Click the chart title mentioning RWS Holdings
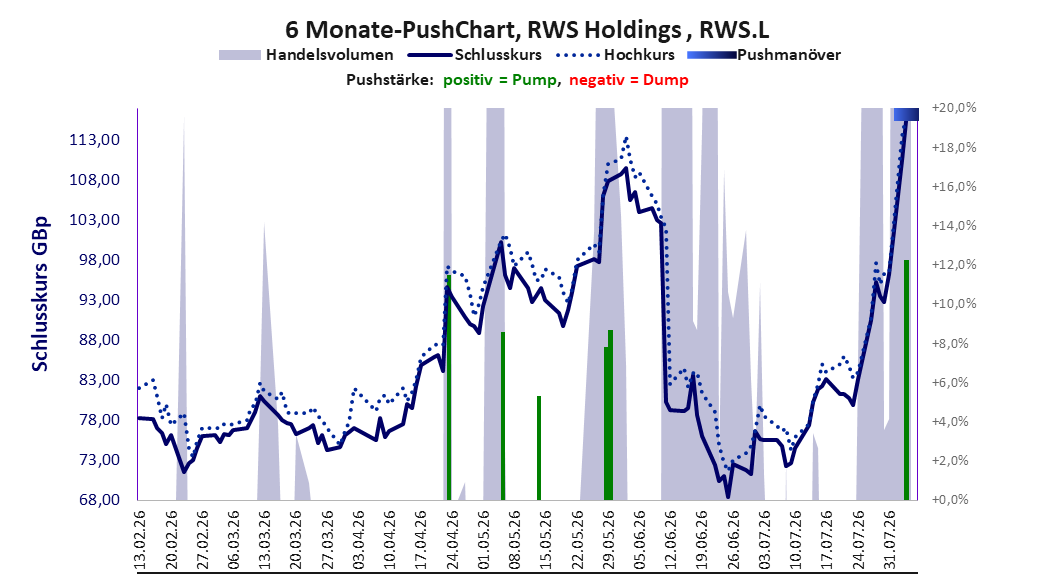coord(527,30)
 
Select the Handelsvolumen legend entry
coord(306,55)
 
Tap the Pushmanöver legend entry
coord(764,55)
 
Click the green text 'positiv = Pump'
coord(499,80)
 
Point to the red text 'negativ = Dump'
coord(629,80)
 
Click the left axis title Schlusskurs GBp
coord(40,293)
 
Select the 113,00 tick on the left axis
coord(95,140)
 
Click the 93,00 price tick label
coord(95,300)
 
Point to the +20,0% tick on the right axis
coord(954,108)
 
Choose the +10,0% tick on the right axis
coord(954,304)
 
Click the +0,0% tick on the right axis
coord(950,499)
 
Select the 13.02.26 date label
coord(140,540)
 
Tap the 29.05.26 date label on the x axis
coord(608,540)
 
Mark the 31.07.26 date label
coord(889,540)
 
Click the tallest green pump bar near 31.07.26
coord(906,380)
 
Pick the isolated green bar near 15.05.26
coord(538,448)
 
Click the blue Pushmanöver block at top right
coord(906,115)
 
